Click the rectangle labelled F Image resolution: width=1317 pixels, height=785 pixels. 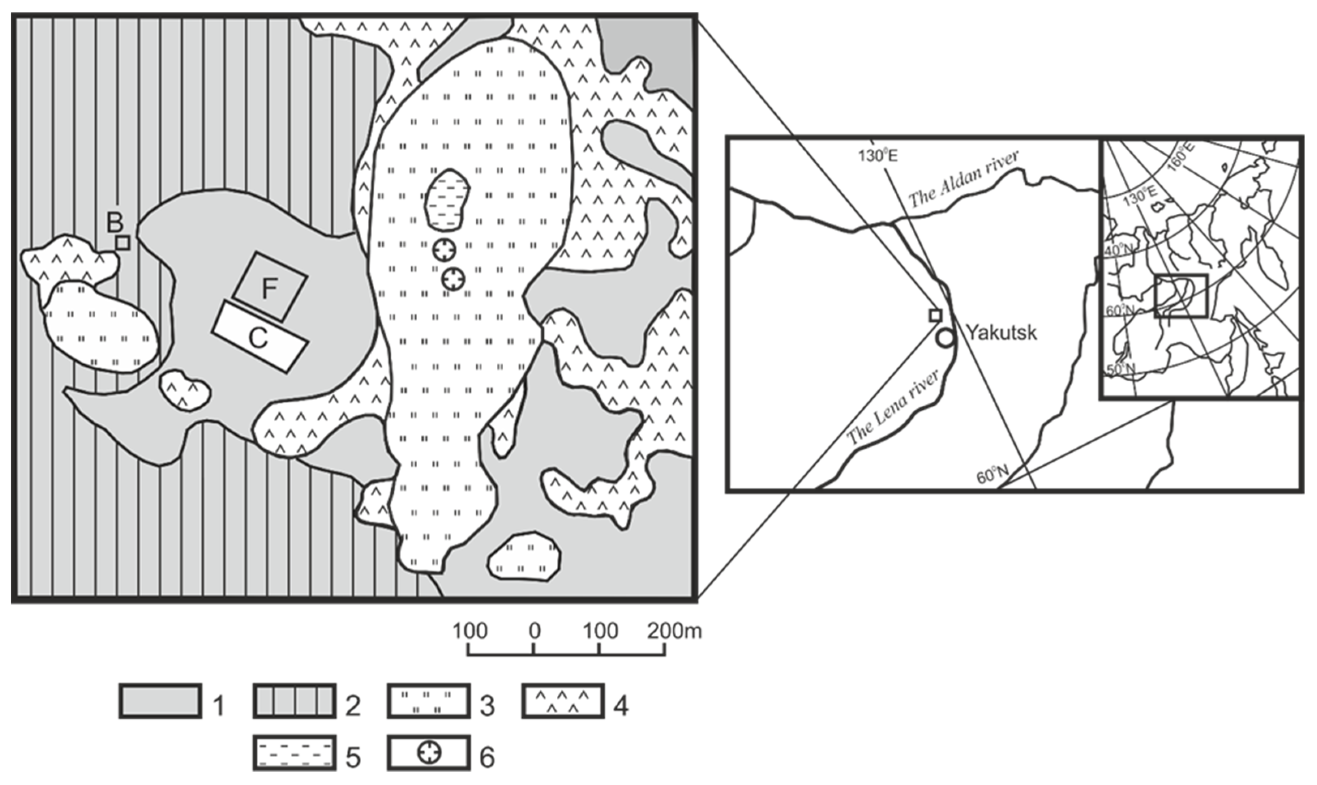point(270,287)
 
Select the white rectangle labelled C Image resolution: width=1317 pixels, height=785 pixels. point(260,338)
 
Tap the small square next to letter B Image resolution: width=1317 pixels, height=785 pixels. point(123,243)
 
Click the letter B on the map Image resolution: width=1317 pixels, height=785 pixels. point(114,222)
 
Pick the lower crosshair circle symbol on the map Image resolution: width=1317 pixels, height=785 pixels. point(453,279)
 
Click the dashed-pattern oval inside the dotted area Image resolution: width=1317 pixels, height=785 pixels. point(447,200)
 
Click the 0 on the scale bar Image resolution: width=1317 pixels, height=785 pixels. point(534,631)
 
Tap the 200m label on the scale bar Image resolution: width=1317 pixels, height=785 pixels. point(674,631)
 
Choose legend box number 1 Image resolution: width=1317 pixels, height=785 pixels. point(160,701)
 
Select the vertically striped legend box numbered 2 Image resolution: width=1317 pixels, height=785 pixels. point(294,701)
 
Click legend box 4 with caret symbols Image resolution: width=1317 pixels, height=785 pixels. point(562,701)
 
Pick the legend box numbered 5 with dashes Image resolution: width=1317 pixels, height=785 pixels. point(294,752)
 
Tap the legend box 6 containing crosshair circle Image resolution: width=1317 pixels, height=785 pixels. point(428,752)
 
